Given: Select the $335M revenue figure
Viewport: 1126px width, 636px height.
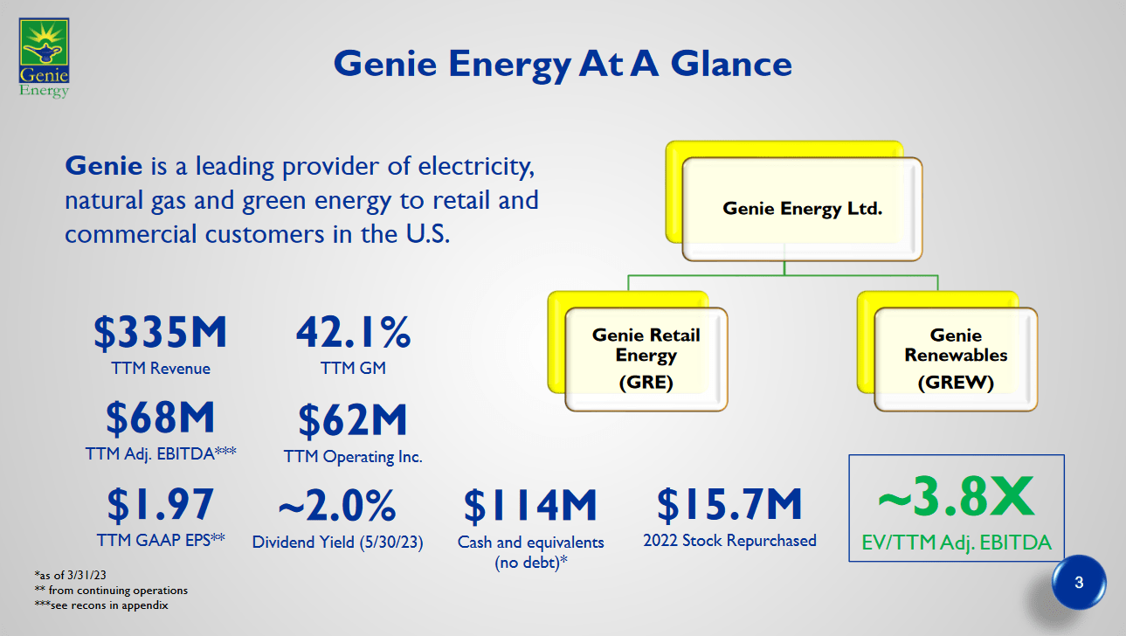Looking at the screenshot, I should (161, 333).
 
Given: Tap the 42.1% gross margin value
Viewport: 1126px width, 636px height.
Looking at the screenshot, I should (353, 333).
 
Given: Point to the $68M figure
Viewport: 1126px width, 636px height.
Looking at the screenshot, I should (161, 418).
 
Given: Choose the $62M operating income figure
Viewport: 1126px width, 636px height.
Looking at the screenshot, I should (353, 421).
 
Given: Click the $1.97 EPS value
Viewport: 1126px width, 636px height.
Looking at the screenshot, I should (161, 504).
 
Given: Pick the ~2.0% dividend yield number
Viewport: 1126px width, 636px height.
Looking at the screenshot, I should (337, 506).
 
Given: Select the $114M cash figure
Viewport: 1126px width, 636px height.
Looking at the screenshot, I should (530, 505).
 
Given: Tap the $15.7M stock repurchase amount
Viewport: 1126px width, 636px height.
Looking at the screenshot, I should (729, 504).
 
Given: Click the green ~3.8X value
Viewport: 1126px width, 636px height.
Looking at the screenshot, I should (956, 498).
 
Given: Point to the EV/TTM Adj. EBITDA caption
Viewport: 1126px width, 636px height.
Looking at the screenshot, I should (957, 544).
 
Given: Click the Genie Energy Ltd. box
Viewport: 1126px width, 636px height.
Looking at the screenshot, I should (802, 209).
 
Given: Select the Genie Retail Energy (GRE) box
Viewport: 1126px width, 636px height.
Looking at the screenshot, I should (646, 358).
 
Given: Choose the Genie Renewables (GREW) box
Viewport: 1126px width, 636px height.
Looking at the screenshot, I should (956, 358).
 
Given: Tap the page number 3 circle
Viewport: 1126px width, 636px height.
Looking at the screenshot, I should (1078, 583).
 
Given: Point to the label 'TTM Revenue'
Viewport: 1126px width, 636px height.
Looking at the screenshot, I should (161, 368).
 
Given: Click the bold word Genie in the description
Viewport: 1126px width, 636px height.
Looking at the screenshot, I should (103, 164).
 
